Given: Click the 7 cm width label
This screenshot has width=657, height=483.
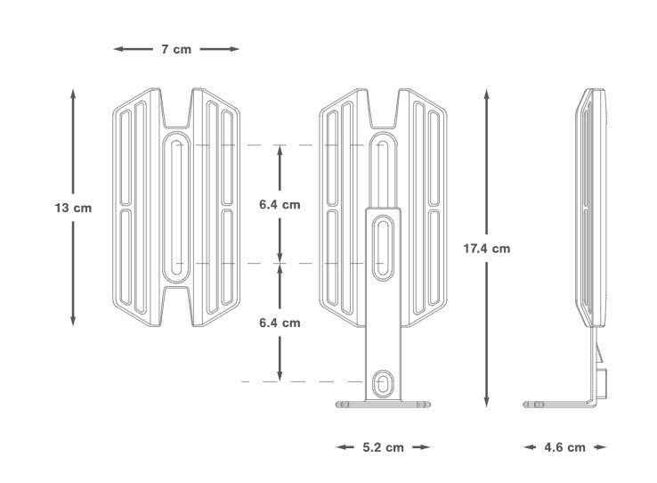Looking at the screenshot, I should pyautogui.click(x=175, y=49).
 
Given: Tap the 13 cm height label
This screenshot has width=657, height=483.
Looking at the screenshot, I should pyautogui.click(x=72, y=207).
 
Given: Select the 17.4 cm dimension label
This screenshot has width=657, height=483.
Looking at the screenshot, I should pyautogui.click(x=486, y=249).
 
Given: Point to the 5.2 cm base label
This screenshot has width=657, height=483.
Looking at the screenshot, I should pyautogui.click(x=382, y=446).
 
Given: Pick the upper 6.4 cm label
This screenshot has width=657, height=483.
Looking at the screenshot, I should pyautogui.click(x=280, y=204).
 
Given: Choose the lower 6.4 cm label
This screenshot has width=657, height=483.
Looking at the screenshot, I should pyautogui.click(x=280, y=323).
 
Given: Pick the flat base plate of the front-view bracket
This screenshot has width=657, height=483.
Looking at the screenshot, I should pyautogui.click(x=382, y=405).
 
